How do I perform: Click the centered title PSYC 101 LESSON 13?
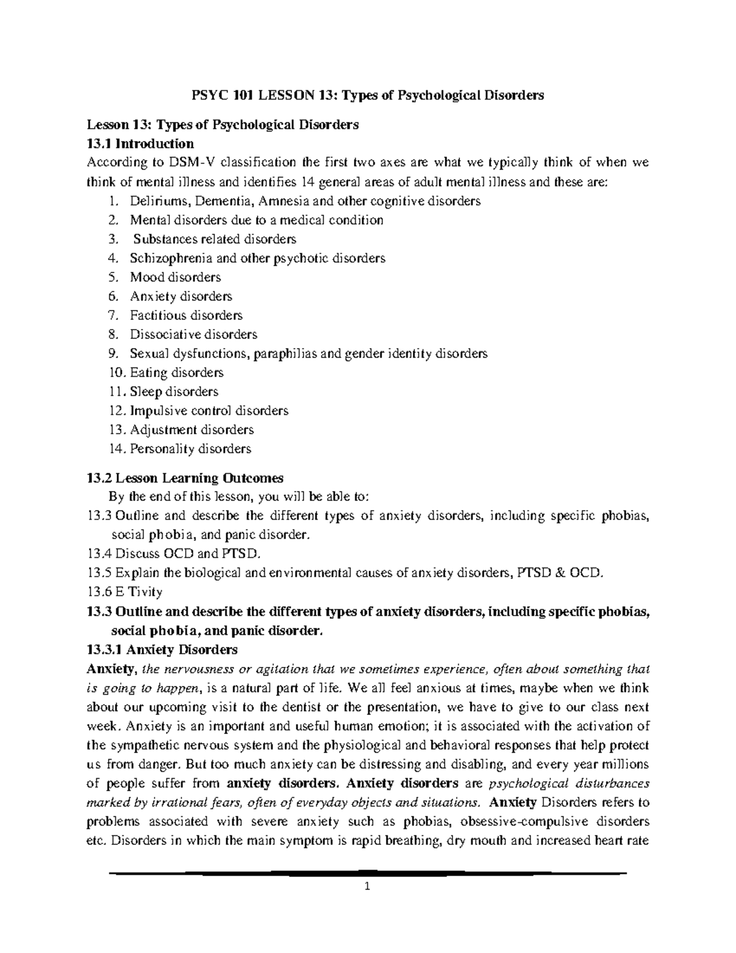[368, 96]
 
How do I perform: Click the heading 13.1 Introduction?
[140, 144]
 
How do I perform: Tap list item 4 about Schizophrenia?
[257, 258]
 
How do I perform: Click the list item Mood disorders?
[175, 277]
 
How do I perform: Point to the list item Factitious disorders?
[186, 315]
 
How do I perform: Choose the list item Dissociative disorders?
[193, 334]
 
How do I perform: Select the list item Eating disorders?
[176, 372]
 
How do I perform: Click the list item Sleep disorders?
[174, 392]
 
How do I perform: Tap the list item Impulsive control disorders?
[209, 411]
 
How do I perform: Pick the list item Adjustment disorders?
[191, 430]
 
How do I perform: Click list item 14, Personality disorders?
[190, 449]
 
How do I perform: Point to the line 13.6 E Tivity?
[125, 592]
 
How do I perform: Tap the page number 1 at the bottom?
[368, 886]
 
